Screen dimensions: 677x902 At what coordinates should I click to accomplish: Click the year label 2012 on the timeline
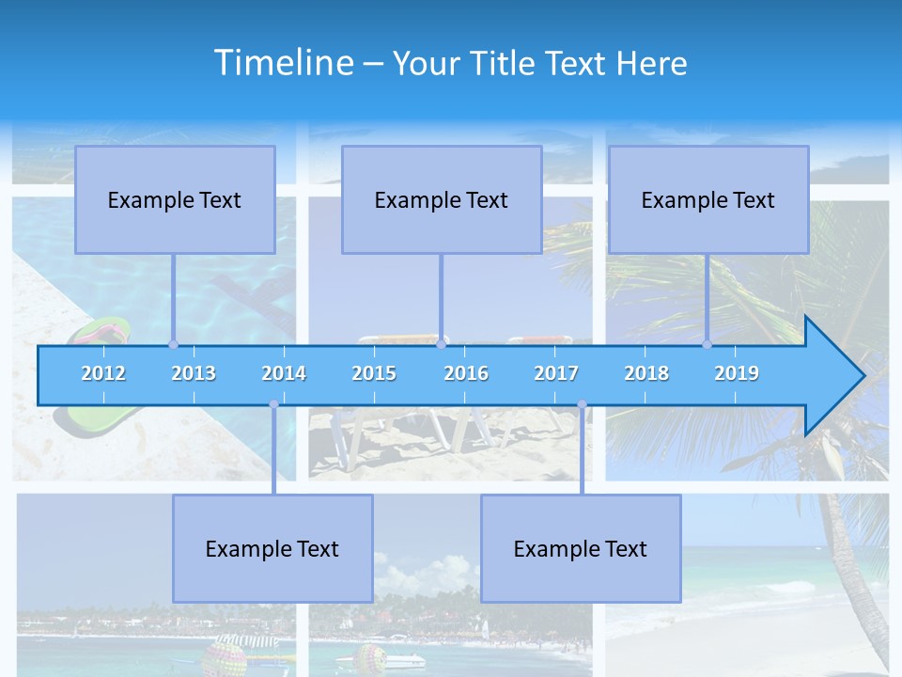click(x=103, y=373)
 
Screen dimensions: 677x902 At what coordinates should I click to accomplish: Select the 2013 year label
click(x=194, y=373)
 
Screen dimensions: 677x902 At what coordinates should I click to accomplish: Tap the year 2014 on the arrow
click(x=284, y=373)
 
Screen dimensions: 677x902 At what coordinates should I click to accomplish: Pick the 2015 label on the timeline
click(x=374, y=373)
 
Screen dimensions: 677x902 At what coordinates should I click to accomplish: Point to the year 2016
click(x=466, y=373)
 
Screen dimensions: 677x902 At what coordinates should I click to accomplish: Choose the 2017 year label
click(x=556, y=373)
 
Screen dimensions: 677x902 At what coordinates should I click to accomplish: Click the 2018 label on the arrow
click(x=646, y=373)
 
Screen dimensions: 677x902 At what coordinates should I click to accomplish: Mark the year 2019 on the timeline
click(x=737, y=373)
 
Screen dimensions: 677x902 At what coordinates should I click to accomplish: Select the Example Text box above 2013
click(x=175, y=199)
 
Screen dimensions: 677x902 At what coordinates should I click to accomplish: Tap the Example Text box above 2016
click(x=442, y=199)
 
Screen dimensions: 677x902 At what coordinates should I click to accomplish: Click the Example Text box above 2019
click(x=708, y=199)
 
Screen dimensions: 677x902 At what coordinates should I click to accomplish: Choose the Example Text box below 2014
click(x=272, y=548)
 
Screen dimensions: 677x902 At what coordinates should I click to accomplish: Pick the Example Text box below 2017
click(x=581, y=548)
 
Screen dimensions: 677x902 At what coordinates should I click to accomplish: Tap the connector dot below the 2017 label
click(x=582, y=404)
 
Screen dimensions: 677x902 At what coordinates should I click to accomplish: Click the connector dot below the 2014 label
click(x=273, y=404)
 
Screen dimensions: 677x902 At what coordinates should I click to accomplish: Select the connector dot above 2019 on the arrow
click(x=708, y=344)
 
